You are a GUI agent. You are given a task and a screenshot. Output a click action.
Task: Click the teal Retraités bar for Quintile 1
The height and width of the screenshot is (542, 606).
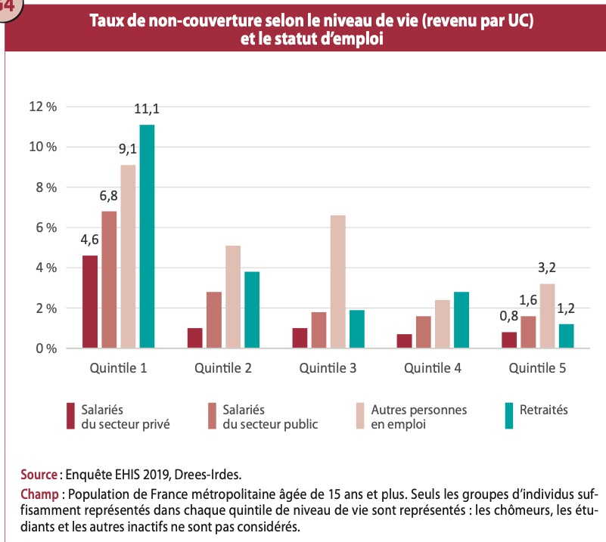click(x=147, y=236)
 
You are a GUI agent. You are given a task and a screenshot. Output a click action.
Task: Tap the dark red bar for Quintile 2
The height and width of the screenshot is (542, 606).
click(x=195, y=338)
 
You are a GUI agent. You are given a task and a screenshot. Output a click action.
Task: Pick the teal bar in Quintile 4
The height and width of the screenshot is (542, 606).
click(x=461, y=320)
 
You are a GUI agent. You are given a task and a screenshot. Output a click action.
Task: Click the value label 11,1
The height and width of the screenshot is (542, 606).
click(x=147, y=110)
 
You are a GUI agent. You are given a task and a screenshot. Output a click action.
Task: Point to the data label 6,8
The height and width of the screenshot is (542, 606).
click(x=109, y=197)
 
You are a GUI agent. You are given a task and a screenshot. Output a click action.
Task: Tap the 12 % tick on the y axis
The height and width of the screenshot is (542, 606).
click(x=42, y=107)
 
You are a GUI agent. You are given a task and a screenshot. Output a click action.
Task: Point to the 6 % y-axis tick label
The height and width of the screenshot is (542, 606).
click(x=45, y=228)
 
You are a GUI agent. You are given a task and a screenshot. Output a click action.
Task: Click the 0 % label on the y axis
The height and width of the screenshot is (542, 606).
click(x=45, y=348)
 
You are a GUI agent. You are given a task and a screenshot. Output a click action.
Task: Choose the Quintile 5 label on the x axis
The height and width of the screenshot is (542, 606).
click(x=537, y=369)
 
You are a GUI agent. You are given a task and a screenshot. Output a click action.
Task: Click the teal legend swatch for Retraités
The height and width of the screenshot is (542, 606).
click(x=509, y=416)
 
